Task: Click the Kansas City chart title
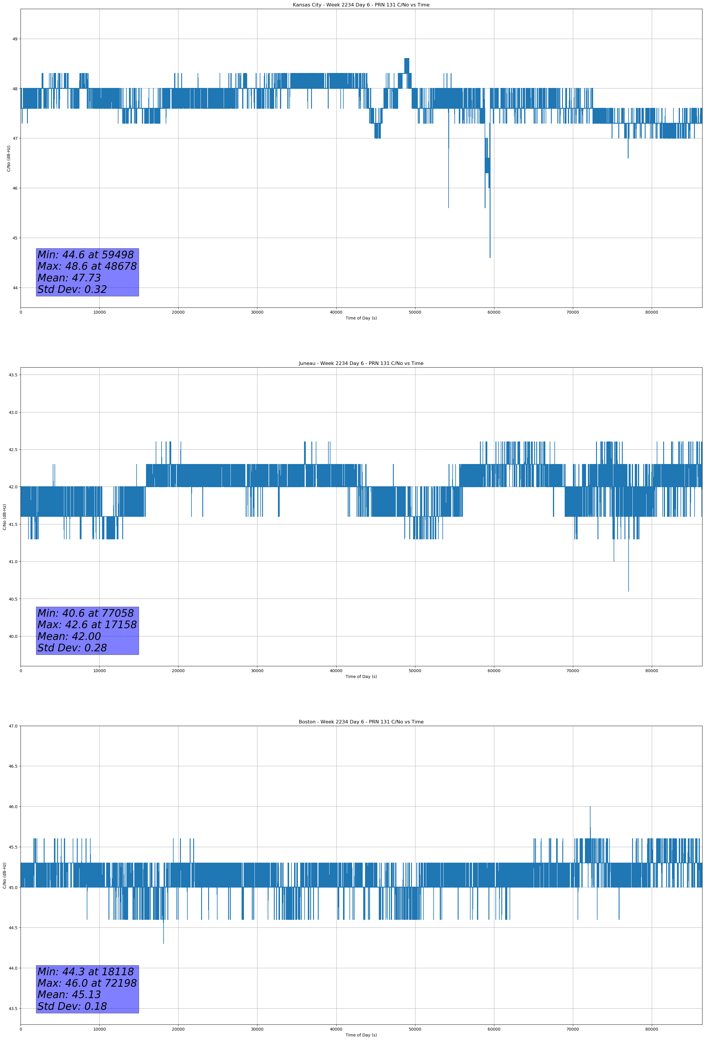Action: [x=361, y=5]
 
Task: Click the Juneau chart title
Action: [x=361, y=363]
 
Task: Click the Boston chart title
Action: [x=361, y=722]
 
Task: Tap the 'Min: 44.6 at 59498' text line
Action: [x=86, y=255]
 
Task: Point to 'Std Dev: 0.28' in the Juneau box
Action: [x=72, y=648]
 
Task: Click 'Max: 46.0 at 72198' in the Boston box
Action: [x=87, y=983]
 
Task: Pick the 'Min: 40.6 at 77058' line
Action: [x=86, y=613]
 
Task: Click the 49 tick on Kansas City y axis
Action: [x=15, y=39]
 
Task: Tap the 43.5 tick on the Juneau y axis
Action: [x=13, y=375]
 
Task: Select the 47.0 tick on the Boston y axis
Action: [x=13, y=726]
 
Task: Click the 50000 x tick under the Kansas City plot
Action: [x=415, y=312]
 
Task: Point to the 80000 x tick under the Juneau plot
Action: [x=651, y=671]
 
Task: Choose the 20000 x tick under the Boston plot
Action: [x=178, y=1029]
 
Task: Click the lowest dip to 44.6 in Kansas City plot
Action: [x=490, y=257]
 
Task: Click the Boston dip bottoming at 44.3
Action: [x=163, y=943]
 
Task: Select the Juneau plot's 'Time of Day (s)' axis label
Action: [x=361, y=677]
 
